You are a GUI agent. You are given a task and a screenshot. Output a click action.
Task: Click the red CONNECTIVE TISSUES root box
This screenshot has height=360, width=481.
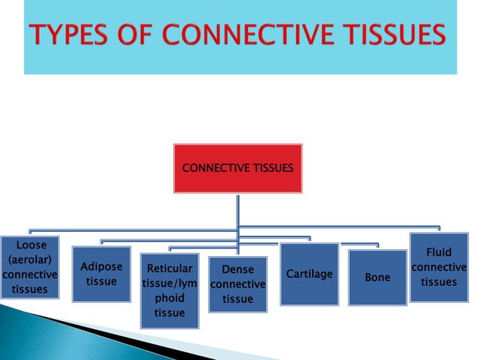coord(237,168)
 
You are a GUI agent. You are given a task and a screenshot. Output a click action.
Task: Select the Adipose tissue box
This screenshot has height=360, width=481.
coord(101,274)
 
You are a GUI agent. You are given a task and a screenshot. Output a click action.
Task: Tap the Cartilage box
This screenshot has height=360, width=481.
coord(309,274)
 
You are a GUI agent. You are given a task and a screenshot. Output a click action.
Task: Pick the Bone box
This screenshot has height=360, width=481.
coord(378,277)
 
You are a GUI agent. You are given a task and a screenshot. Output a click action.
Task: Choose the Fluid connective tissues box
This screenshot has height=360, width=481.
coord(439,267)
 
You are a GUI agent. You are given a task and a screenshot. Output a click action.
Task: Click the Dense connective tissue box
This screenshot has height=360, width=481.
coord(237,284)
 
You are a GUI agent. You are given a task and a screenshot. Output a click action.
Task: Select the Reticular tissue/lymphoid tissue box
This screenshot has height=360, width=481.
coord(170,291)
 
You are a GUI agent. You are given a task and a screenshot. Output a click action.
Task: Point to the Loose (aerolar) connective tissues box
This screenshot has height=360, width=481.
coord(30,267)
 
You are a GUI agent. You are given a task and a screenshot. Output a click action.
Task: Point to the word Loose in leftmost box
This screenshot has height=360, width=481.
coord(31,245)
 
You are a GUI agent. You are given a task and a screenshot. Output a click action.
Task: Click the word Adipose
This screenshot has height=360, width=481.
coord(101,267)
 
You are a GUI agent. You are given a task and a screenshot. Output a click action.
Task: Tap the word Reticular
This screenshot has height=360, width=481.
coord(170,268)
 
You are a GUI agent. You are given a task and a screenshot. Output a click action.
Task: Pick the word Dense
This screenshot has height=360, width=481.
coord(237,269)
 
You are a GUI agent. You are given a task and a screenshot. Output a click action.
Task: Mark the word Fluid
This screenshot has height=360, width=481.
coord(439,252)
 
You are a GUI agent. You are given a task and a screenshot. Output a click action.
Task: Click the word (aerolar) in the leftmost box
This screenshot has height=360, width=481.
coord(30,259)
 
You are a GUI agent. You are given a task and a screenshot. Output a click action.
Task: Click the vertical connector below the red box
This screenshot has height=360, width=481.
coord(237,215)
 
